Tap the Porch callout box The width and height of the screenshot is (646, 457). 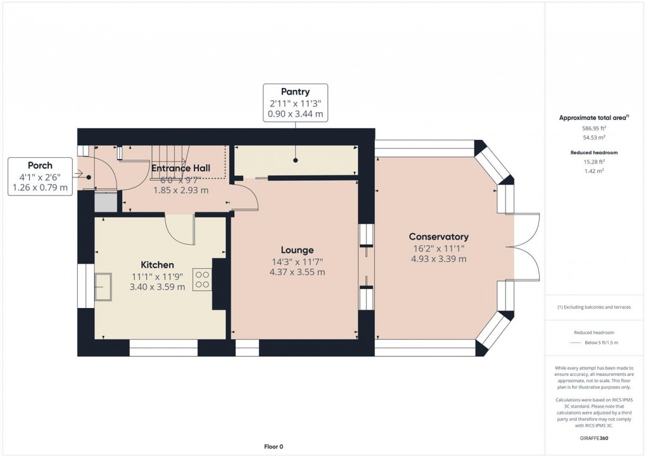[40, 177]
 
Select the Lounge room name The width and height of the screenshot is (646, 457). [297, 250]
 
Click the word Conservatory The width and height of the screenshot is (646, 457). [438, 236]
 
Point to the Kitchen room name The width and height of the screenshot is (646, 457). [157, 264]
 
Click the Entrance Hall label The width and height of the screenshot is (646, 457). [180, 168]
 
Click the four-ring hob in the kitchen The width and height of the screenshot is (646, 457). [203, 280]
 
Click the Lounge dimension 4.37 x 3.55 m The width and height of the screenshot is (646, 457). [297, 273]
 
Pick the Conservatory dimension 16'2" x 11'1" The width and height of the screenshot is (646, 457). [438, 248]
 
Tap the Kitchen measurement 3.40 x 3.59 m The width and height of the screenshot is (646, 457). [157, 286]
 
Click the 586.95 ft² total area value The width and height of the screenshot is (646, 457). [594, 127]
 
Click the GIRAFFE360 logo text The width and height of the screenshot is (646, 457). [594, 437]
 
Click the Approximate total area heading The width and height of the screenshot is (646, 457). [593, 117]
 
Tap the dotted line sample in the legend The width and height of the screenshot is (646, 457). [576, 342]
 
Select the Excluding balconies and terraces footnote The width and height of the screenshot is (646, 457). [594, 307]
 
